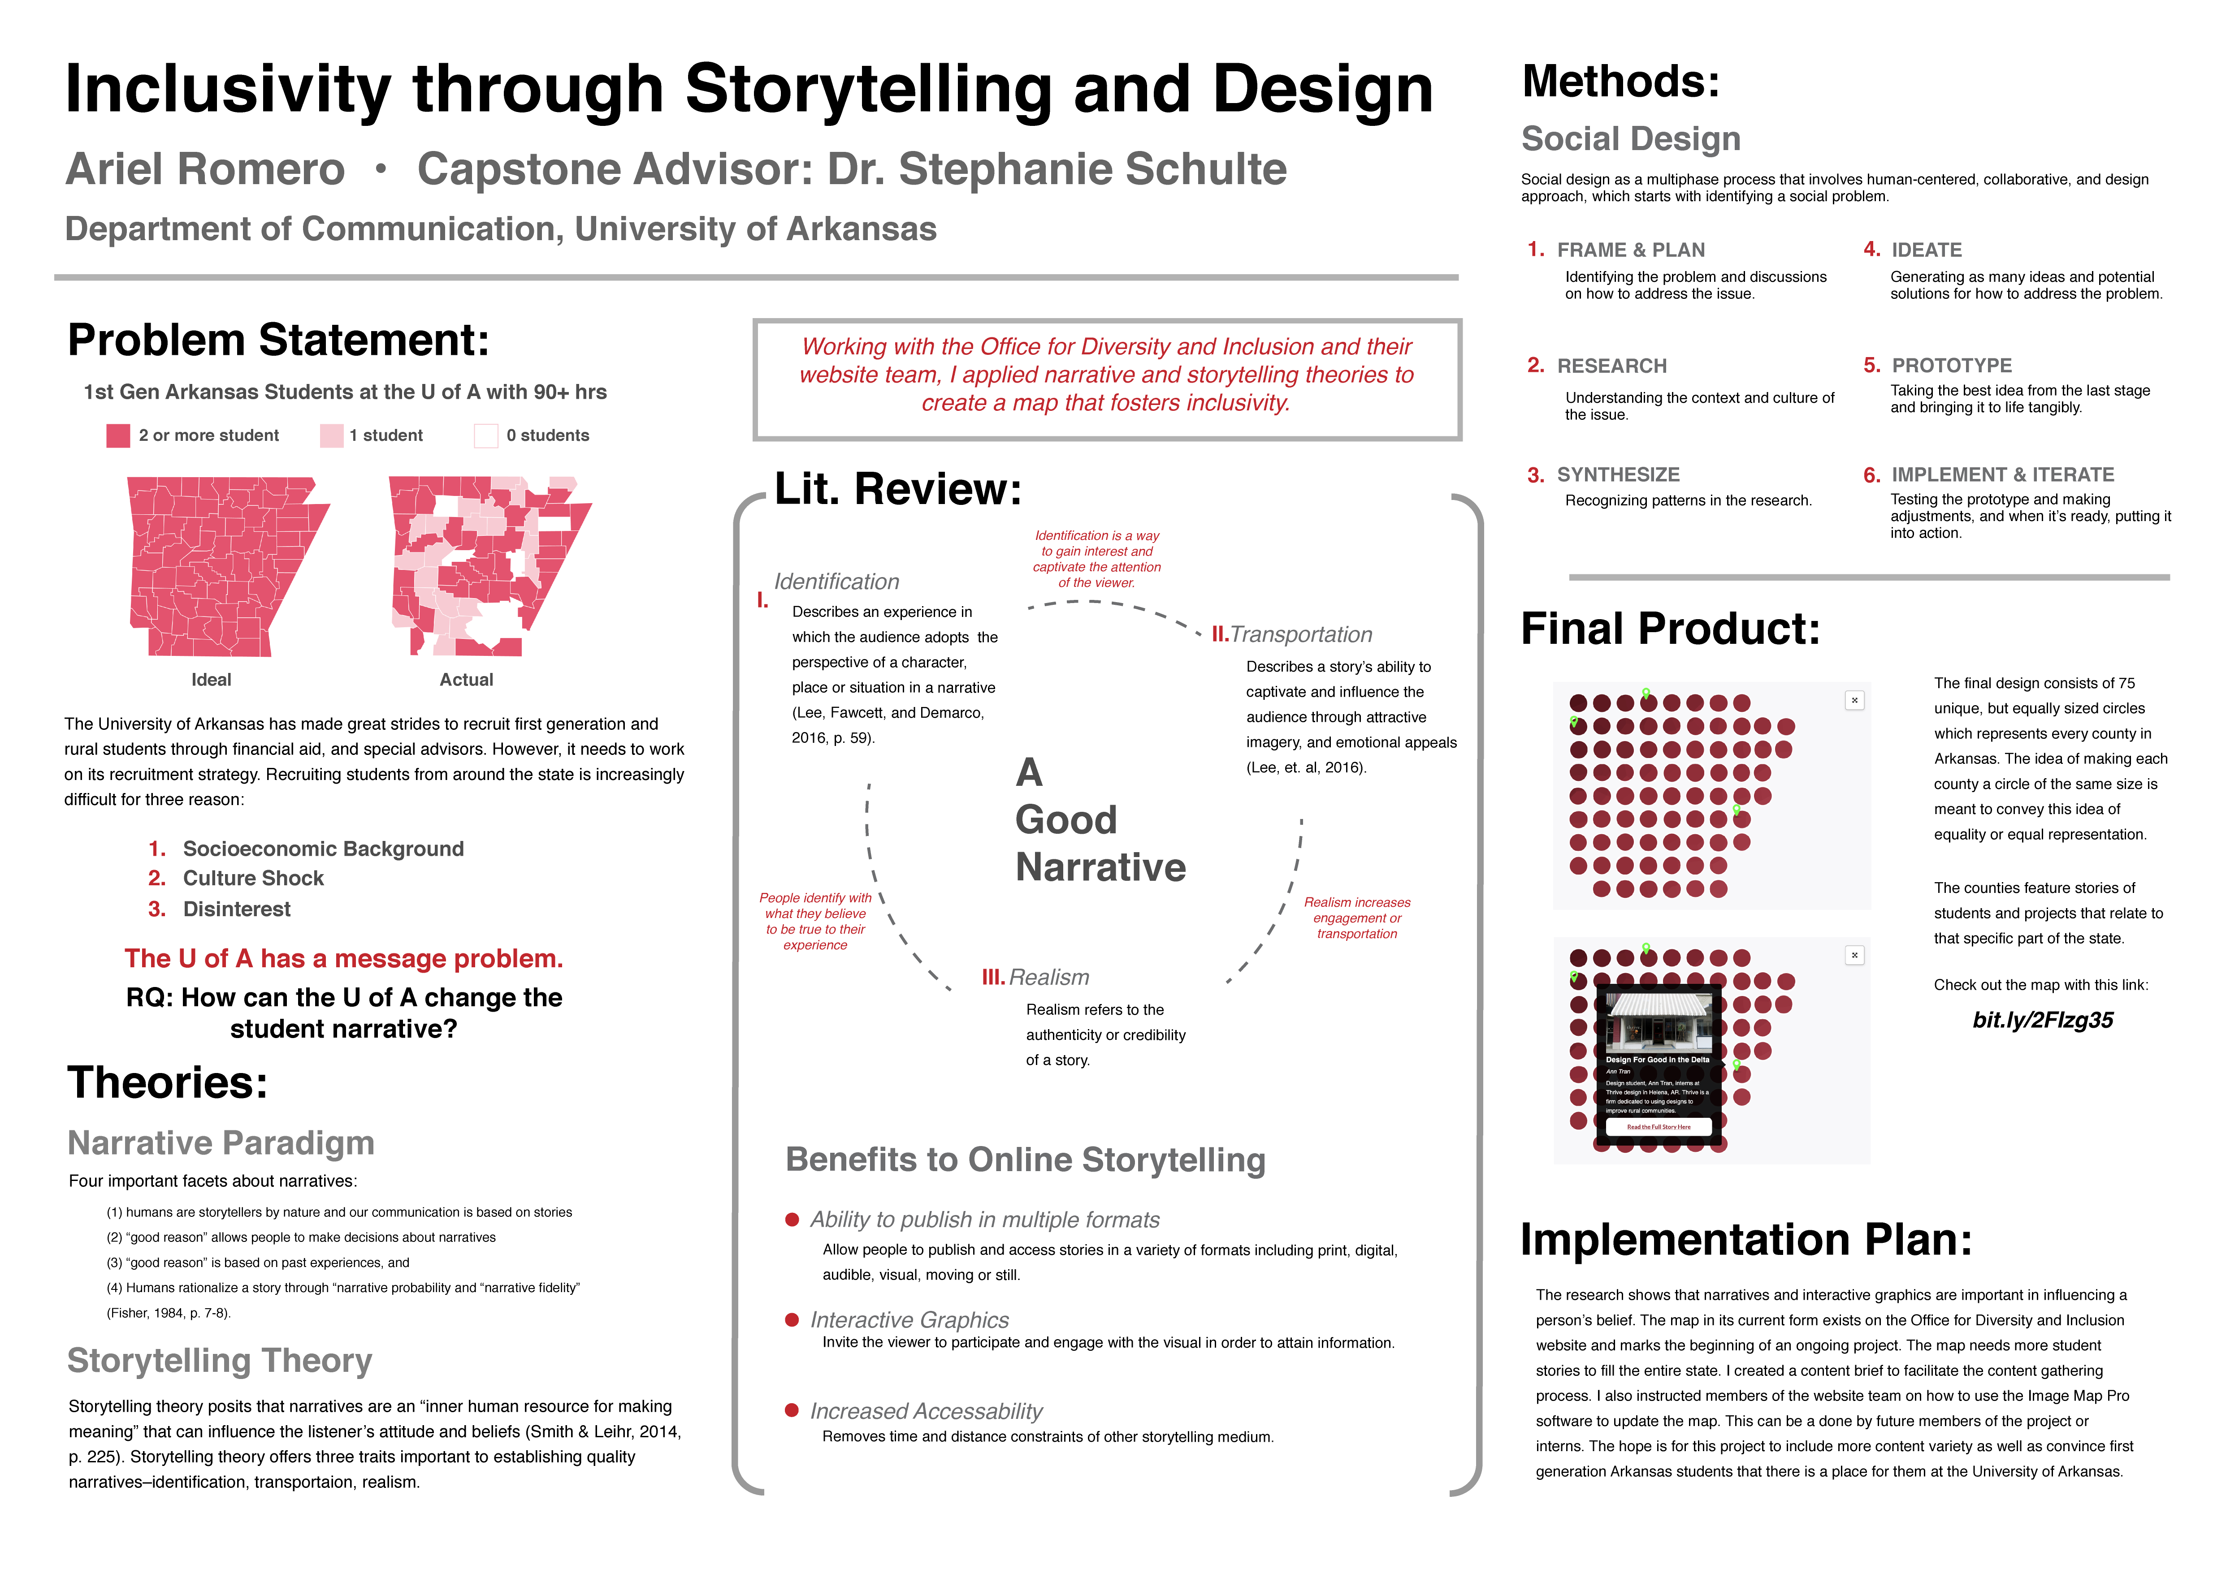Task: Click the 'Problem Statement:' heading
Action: [278, 340]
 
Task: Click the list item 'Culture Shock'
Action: [253, 878]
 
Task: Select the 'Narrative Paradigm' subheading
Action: [221, 1143]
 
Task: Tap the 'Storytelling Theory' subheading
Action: [220, 1361]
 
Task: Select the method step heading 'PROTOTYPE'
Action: [1952, 366]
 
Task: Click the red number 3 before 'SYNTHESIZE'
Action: [1536, 475]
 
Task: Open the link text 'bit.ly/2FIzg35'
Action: [2043, 1021]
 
